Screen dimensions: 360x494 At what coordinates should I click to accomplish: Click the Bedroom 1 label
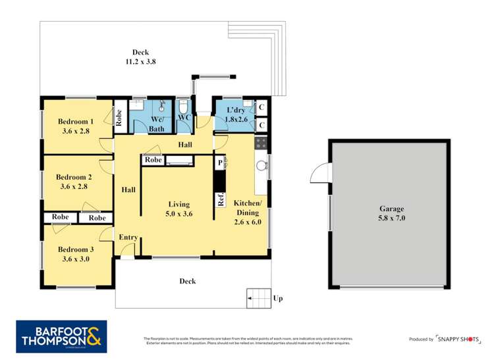coord(76,126)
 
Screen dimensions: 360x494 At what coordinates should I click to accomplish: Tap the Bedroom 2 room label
coord(73,182)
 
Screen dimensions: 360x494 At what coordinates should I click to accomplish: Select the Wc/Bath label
coord(157,124)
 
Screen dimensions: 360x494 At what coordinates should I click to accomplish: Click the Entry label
coord(128,238)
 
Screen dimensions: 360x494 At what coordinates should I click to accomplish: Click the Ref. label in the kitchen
coord(221,199)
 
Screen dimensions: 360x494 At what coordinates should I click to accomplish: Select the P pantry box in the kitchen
coord(220,161)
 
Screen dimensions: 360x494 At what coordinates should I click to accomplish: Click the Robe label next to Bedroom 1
coord(119,118)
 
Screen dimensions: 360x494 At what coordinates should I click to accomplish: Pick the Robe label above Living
coord(153,160)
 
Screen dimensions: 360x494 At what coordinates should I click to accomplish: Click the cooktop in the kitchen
coord(261,143)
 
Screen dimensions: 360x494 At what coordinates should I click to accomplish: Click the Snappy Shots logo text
coord(461,338)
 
